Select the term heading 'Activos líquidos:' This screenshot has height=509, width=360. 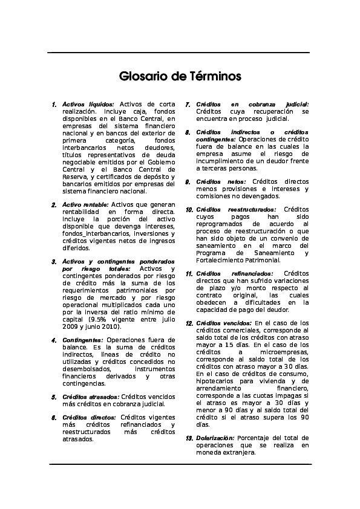click(88, 104)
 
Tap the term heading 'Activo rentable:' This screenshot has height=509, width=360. click(86, 205)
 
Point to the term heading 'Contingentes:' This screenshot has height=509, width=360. click(83, 340)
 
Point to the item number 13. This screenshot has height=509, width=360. click(189, 437)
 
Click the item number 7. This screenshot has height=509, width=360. click(189, 104)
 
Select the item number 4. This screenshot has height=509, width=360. click(54, 340)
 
